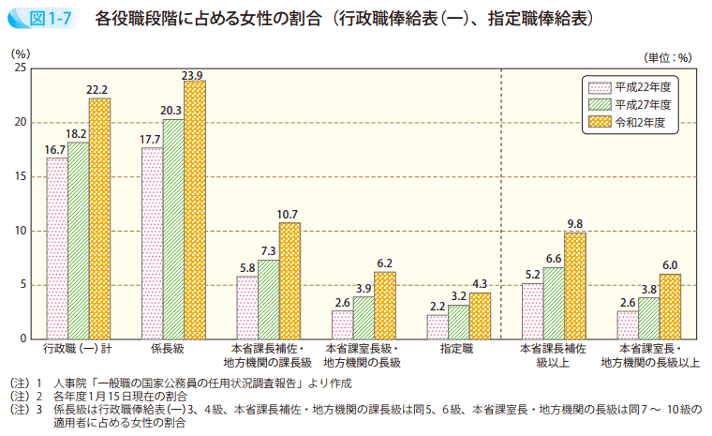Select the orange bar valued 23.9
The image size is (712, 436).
coord(195,209)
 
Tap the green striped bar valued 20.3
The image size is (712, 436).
coord(173,229)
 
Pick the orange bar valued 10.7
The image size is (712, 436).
coord(289,280)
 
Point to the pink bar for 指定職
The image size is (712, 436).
coord(437,326)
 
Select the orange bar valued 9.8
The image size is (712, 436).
coord(574,285)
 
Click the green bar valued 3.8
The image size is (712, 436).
coord(648,318)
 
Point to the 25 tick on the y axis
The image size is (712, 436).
coord(20,68)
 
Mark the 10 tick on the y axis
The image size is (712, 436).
coord(20,231)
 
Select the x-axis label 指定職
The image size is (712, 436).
coord(457,348)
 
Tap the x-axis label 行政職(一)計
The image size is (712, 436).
coord(78,348)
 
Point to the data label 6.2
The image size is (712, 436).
coord(384,263)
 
